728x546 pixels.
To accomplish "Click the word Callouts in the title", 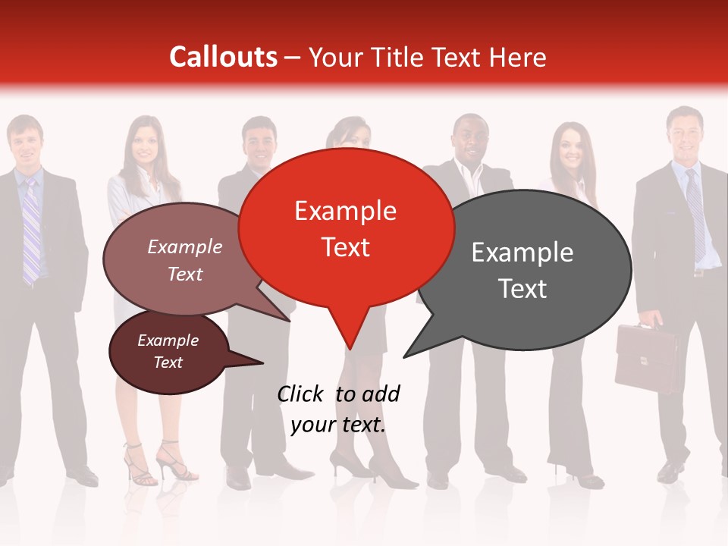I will [x=223, y=57].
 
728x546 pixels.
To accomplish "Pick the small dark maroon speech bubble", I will [x=168, y=352].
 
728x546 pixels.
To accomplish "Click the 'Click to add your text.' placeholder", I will [x=338, y=409].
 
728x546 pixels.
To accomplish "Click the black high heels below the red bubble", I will [x=372, y=466].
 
